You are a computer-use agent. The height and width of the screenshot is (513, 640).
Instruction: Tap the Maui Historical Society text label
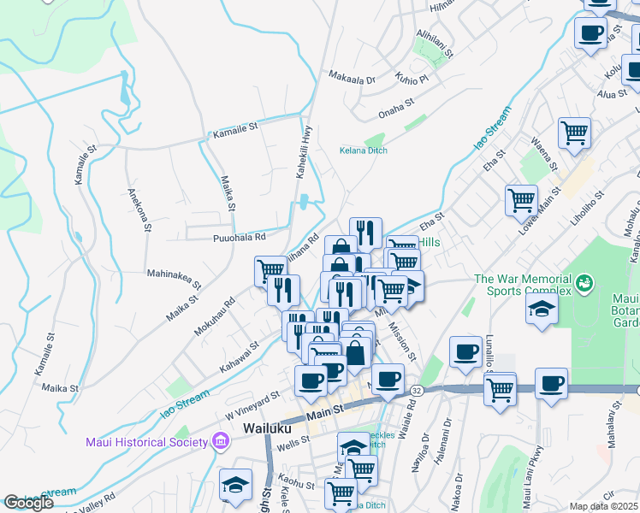pyautogui.click(x=146, y=442)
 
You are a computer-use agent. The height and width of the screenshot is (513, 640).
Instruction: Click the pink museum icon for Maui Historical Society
pyautogui.click(x=221, y=442)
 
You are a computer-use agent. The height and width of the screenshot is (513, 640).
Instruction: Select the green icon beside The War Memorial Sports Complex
pyautogui.click(x=585, y=281)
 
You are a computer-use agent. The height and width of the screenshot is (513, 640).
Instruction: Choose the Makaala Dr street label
pyautogui.click(x=353, y=79)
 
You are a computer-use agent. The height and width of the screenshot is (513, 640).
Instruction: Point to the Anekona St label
pyautogui.click(x=138, y=209)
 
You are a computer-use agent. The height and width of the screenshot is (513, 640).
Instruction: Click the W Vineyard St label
pyautogui.click(x=252, y=400)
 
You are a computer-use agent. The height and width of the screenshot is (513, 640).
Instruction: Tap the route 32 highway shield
pyautogui.click(x=416, y=390)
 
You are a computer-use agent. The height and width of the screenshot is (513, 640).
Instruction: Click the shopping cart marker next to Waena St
pyautogui.click(x=574, y=132)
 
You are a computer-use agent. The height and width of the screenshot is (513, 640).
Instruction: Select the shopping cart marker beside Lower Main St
pyautogui.click(x=521, y=200)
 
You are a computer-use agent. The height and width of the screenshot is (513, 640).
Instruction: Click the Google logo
pyautogui.click(x=27, y=504)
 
